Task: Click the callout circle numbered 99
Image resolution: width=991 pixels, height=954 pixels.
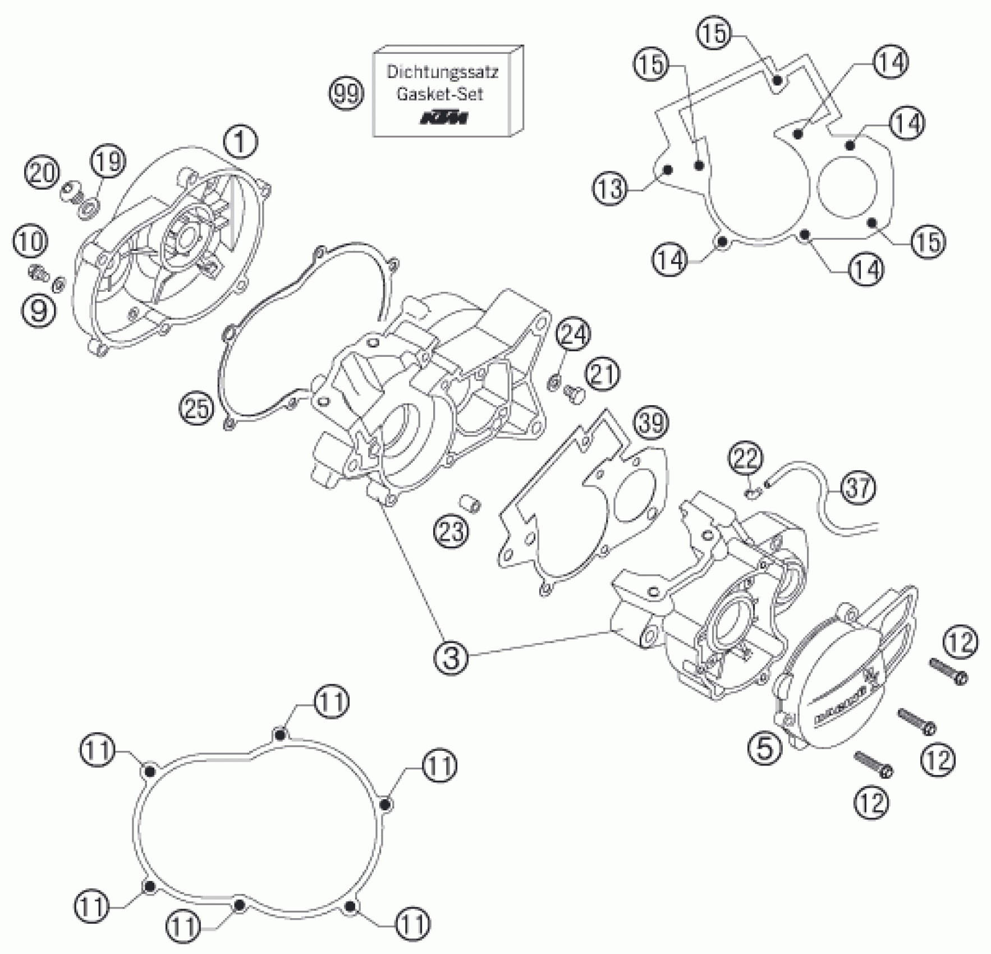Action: tap(346, 94)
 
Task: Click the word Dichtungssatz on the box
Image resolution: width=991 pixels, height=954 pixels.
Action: tap(442, 72)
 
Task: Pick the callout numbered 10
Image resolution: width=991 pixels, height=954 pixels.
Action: tap(31, 242)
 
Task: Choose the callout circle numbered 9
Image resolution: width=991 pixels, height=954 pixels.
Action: tap(39, 309)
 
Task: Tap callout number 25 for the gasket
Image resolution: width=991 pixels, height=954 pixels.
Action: tap(198, 409)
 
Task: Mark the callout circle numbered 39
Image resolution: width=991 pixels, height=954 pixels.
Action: tap(652, 422)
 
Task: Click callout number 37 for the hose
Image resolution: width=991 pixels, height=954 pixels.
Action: tap(858, 487)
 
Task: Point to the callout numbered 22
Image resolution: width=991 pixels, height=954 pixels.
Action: tap(746, 458)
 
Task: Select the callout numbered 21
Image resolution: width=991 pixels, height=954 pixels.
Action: tap(603, 375)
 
